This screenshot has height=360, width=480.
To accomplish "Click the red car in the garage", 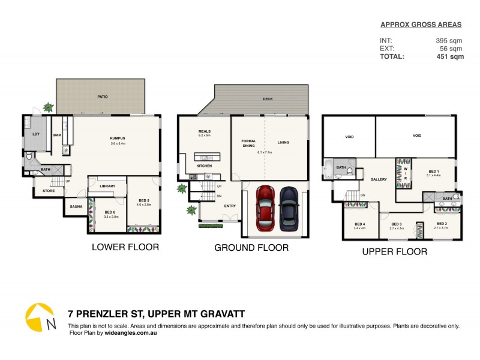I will point(265,208).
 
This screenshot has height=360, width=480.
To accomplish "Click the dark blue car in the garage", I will point(289,208).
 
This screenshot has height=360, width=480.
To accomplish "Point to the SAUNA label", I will point(76,206).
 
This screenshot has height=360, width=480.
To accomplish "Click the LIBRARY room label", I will point(107,186).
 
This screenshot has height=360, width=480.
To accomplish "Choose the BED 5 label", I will point(144,200).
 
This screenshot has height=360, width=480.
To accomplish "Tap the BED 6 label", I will point(110,212).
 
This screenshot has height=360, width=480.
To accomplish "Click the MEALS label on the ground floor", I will point(205,131).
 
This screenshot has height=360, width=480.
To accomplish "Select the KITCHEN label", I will point(204,166).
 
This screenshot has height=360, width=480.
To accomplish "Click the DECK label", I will point(268,100).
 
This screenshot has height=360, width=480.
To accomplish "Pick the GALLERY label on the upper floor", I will point(379,179).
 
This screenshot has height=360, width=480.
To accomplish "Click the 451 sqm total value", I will point(449,57).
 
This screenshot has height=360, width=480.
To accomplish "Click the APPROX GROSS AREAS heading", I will point(422,25).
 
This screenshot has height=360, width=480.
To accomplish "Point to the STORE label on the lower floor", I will point(49,191).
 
